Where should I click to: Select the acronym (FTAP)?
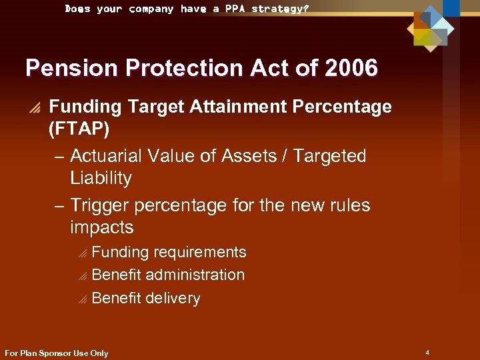[79, 129]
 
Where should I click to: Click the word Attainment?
[233, 107]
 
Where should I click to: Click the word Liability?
[101, 178]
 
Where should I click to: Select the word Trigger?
[101, 205]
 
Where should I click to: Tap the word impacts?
[101, 227]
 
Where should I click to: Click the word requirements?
[200, 252]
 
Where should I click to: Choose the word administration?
[195, 275]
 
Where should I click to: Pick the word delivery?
[173, 298]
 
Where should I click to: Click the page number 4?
[427, 351]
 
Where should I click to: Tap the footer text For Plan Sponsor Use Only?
[56, 353]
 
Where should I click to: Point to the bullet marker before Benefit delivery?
[81, 299]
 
